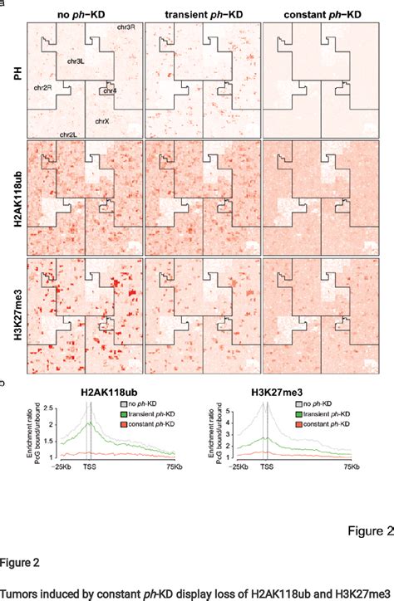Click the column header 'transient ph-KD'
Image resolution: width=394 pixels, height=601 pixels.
pyautogui.click(x=202, y=14)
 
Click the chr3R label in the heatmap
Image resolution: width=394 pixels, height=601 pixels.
pyautogui.click(x=126, y=30)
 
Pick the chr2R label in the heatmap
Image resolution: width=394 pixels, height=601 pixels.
pyautogui.click(x=44, y=86)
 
